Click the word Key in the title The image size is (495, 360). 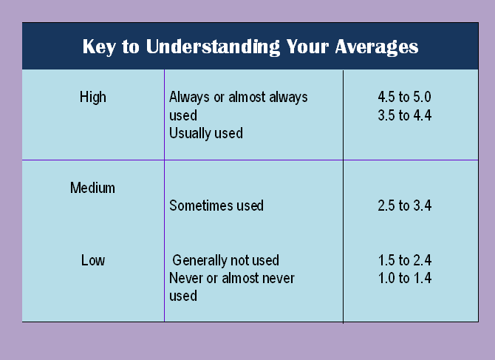click(99, 47)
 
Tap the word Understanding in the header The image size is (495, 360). click(213, 47)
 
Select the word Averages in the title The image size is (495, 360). click(377, 47)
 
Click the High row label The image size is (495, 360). click(93, 97)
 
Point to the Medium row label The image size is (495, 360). click(92, 188)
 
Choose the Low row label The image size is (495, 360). click(93, 260)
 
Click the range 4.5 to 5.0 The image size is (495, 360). click(404, 97)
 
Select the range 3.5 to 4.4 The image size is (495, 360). click(404, 115)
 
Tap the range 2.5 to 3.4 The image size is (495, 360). click(404, 206)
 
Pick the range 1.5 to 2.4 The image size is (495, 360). click(404, 260)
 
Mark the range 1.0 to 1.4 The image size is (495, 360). click(404, 278)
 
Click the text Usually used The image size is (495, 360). click(206, 133)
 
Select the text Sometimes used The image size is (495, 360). click(216, 206)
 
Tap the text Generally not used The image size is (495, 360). click(226, 260)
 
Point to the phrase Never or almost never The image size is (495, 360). click(232, 278)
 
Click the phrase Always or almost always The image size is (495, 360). click(239, 97)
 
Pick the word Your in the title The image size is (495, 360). click(307, 47)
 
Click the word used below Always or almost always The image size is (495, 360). click(183, 115)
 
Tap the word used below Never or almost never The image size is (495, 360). click(183, 296)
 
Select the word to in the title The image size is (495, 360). click(131, 47)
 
